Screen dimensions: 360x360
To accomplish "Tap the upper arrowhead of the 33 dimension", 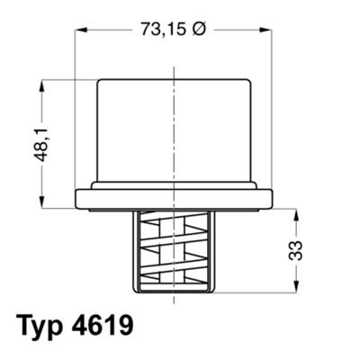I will [x=294, y=213].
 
